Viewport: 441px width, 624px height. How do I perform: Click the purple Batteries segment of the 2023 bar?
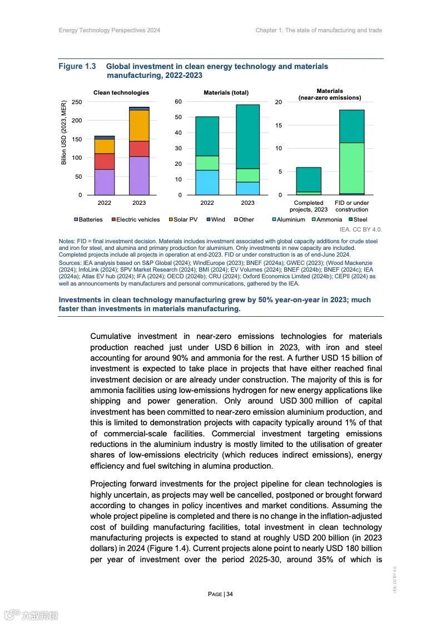pos(139,175)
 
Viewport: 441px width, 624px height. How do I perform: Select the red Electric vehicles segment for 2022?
pos(104,161)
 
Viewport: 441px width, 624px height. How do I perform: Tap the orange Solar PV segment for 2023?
pos(139,125)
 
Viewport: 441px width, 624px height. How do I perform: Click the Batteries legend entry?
pos(88,219)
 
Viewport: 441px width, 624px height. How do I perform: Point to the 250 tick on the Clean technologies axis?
pos(77,102)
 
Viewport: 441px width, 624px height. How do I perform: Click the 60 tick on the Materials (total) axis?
pos(178,102)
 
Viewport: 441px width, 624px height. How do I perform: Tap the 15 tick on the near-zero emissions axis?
pos(279,125)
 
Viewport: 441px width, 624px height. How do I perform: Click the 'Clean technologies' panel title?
pos(121,92)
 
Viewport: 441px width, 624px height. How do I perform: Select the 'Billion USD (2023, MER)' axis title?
pos(63,132)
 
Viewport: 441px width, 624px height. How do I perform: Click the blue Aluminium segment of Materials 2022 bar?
pos(207,182)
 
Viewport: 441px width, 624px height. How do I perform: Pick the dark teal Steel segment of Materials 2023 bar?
pos(247,136)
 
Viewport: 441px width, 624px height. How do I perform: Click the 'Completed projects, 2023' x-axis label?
pos(309,206)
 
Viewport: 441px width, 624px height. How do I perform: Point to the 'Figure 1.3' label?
pos(77,66)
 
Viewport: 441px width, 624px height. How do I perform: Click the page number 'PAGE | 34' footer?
pos(220,594)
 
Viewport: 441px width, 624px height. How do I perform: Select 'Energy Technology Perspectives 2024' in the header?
pos(110,30)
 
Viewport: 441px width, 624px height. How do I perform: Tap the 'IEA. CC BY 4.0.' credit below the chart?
pos(360,229)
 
